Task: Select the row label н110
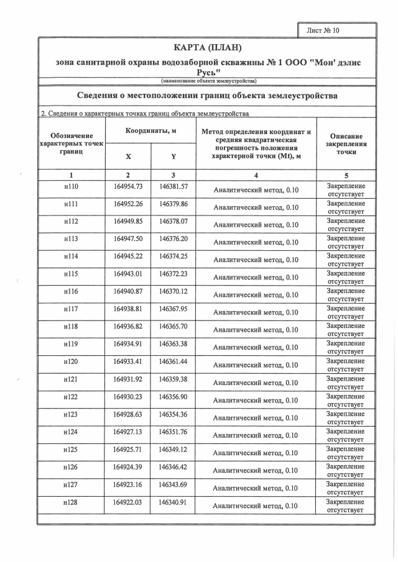point(72,187)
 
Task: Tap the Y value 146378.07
point(174,222)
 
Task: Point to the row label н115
point(72,274)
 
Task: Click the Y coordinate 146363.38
point(174,343)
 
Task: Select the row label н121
point(72,379)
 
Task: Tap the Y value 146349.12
point(174,448)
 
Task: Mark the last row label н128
point(72,502)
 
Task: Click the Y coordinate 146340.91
point(174,502)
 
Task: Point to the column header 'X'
point(128,156)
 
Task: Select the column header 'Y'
point(174,156)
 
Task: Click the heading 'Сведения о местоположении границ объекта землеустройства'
point(208,96)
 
